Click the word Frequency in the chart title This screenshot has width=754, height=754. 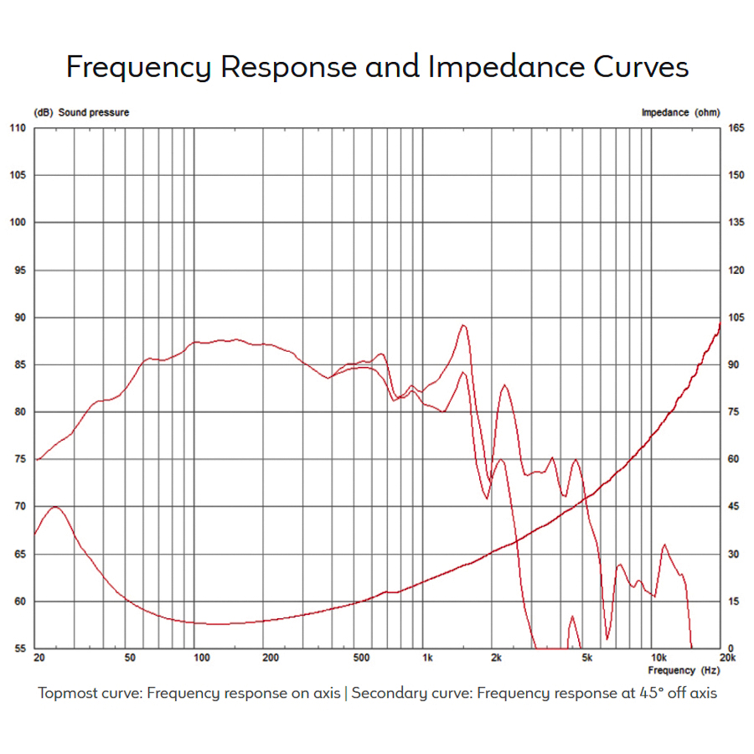tap(139, 67)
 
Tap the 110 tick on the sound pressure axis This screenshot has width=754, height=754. tap(18, 128)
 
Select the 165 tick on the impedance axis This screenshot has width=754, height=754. tap(736, 128)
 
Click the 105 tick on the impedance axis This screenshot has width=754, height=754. tap(736, 318)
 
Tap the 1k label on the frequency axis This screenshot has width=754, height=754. tap(427, 658)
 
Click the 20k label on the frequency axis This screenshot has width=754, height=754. tap(726, 658)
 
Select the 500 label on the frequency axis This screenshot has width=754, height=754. tap(361, 658)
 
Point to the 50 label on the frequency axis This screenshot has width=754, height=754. tap(129, 658)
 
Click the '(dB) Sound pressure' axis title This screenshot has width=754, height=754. tap(81, 112)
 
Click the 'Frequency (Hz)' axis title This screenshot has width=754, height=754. tap(684, 670)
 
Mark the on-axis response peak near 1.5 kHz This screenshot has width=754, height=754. tap(463, 325)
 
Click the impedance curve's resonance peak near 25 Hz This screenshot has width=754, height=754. tap(55, 507)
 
